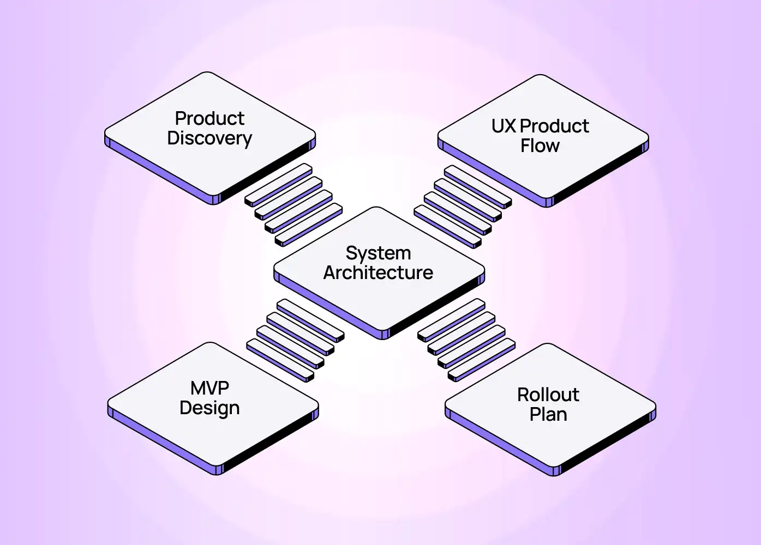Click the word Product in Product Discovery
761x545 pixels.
point(209,118)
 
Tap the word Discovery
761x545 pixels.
point(209,138)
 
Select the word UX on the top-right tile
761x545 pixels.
point(503,126)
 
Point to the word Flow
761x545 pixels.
point(540,146)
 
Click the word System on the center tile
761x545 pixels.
point(378,253)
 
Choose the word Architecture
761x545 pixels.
point(378,272)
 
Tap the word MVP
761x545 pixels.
point(209,388)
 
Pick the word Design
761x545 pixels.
point(209,408)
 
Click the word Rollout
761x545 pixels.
point(548,395)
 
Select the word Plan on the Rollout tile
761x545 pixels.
point(548,415)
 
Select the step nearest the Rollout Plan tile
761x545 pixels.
point(482,359)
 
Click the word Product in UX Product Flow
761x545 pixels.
point(554,126)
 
